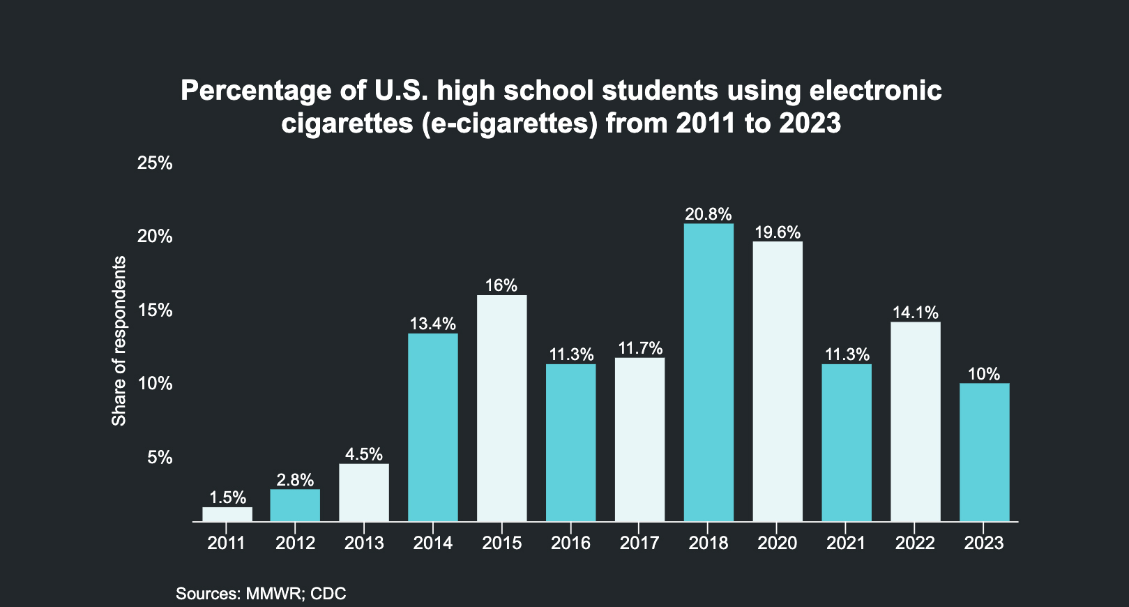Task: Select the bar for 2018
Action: point(709,373)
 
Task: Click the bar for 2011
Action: point(227,514)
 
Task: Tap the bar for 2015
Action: point(502,408)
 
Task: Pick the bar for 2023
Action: point(984,452)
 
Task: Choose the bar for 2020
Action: point(778,382)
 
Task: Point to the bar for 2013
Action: point(364,493)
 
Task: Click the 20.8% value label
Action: point(709,214)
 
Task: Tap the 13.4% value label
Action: point(433,324)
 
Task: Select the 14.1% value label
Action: point(916,313)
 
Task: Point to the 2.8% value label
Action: point(295,480)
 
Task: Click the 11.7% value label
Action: point(640,348)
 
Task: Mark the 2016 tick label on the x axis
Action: point(570,544)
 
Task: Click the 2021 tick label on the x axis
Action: point(846,544)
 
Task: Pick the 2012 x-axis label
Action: point(295,544)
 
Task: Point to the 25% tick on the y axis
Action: point(155,163)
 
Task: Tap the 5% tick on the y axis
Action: point(159,458)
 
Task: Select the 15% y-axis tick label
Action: point(155,310)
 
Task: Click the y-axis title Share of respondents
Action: point(119,341)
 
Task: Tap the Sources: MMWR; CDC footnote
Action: point(261,594)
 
